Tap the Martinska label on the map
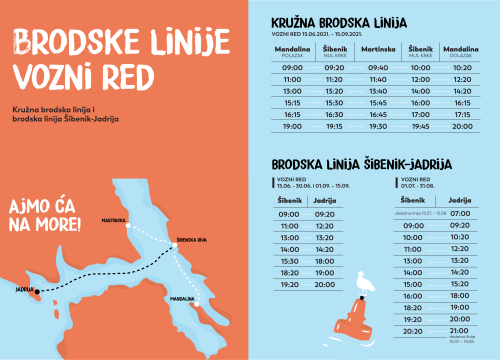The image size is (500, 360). (x=113, y=219)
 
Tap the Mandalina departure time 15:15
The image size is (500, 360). (x=292, y=101)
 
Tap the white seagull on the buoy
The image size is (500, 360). (x=367, y=286)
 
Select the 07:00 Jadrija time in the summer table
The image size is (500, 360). (x=460, y=213)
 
